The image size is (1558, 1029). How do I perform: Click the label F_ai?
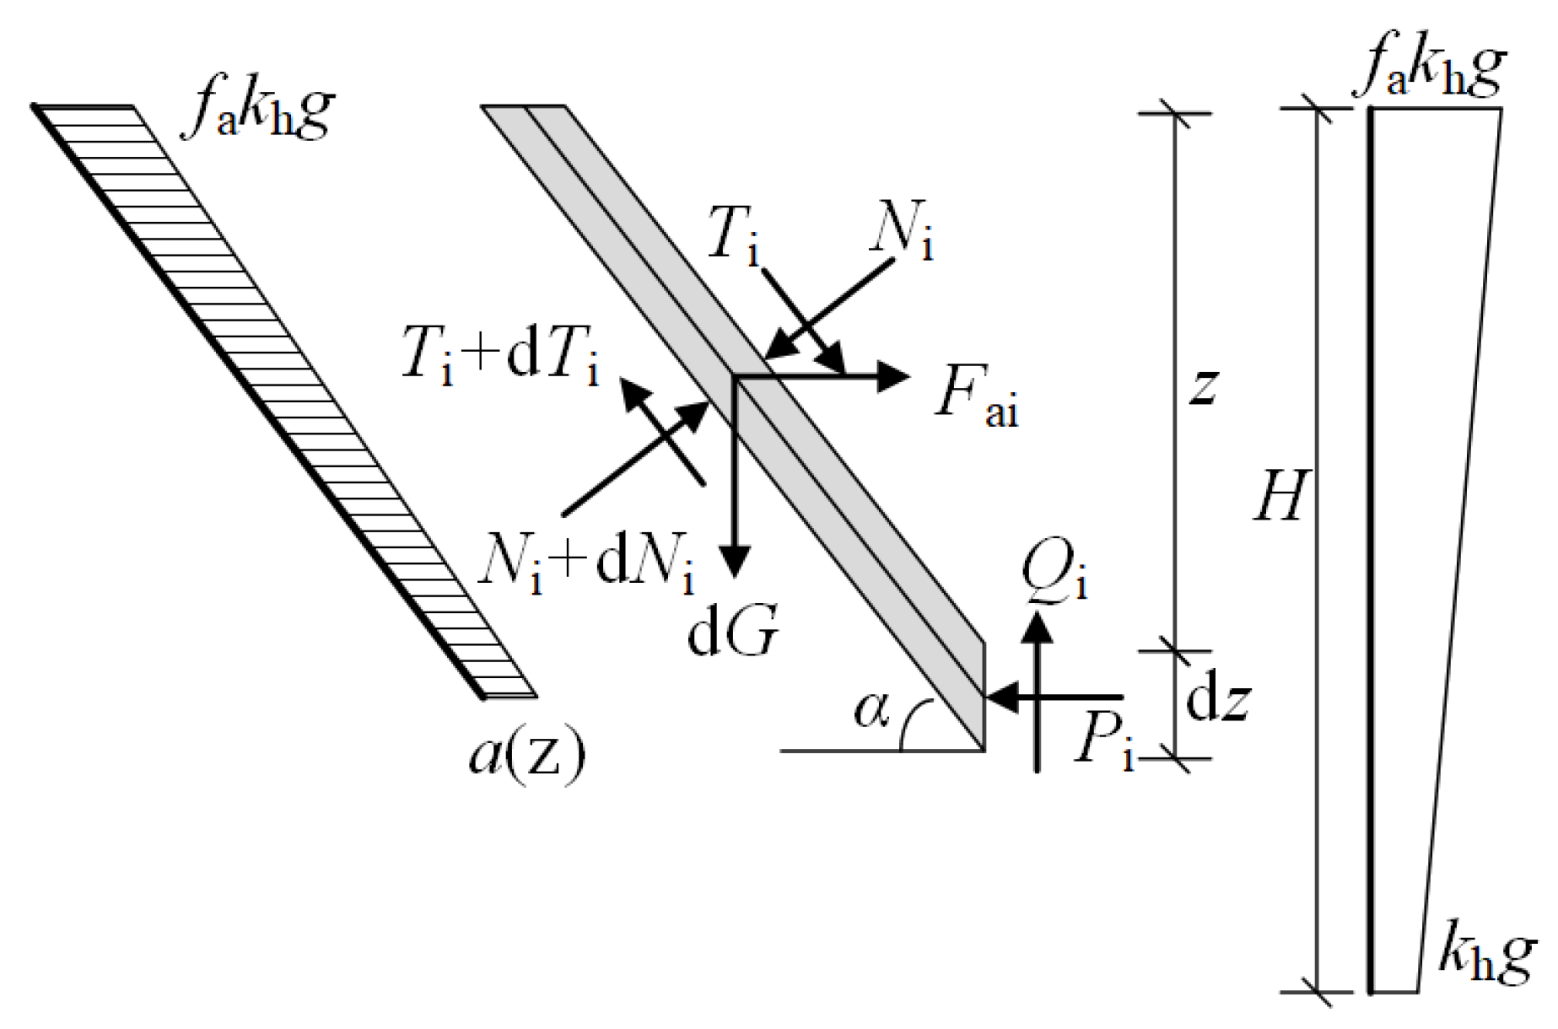click(976, 406)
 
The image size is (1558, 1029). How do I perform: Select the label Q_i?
click(1054, 570)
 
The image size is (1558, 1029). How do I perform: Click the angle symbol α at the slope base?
click(871, 711)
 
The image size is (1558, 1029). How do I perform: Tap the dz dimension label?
click(1217, 702)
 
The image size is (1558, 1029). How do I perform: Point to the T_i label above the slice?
click(732, 234)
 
